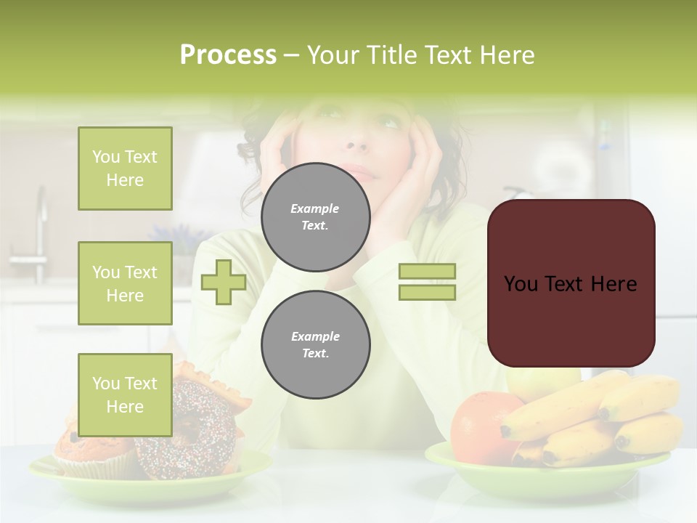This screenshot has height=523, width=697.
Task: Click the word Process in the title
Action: [x=228, y=55]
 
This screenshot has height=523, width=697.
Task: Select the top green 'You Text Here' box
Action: [x=125, y=169]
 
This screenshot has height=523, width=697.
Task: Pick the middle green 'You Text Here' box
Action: [x=125, y=283]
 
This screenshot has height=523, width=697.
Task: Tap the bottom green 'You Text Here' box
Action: [x=125, y=394]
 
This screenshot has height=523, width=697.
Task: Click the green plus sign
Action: [x=224, y=282]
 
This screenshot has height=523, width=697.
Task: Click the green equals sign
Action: [x=427, y=282]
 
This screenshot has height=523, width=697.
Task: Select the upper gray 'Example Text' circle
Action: [x=315, y=216]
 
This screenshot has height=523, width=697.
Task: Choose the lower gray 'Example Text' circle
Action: [x=315, y=344]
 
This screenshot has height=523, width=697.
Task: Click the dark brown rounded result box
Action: [x=571, y=283]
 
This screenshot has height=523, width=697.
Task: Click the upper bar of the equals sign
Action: [x=427, y=272]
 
